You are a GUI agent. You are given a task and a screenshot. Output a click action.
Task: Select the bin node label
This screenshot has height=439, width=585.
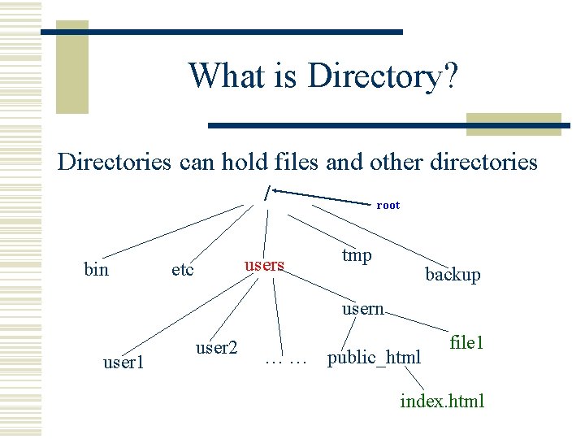click(x=96, y=269)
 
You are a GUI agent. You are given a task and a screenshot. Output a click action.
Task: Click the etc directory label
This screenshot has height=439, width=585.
click(x=183, y=269)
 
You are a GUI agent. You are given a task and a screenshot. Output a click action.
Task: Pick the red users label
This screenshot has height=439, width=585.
click(x=264, y=265)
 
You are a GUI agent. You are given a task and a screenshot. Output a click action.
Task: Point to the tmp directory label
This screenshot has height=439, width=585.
click(x=357, y=255)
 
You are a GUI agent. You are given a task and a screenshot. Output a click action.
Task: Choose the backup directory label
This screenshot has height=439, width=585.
click(x=453, y=275)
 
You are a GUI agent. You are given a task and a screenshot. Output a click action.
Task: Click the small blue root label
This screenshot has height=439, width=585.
click(x=388, y=206)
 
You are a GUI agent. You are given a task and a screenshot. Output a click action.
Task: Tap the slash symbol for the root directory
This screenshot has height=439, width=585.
click(x=266, y=193)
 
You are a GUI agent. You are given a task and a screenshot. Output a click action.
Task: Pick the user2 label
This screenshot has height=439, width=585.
click(x=217, y=348)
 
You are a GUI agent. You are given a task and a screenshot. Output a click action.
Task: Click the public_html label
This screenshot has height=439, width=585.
click(x=374, y=357)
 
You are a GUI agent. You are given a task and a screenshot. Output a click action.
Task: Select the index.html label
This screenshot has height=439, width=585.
click(x=442, y=401)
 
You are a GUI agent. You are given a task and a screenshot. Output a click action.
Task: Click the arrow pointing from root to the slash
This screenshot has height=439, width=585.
click(x=325, y=196)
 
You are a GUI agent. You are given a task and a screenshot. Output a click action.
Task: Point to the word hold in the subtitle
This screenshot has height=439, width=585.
click(x=243, y=162)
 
